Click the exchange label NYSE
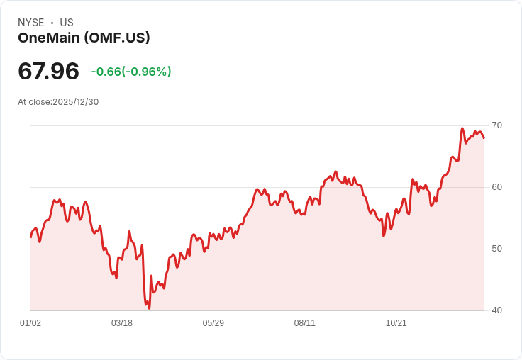pyautogui.click(x=31, y=23)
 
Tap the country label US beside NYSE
pyautogui.click(x=67, y=23)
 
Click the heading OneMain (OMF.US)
pyautogui.click(x=84, y=38)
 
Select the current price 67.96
pyautogui.click(x=49, y=71)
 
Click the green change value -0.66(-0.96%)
pyautogui.click(x=131, y=71)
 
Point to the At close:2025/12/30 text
pyautogui.click(x=58, y=102)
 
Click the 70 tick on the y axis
pyautogui.click(x=496, y=125)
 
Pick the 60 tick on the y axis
pyautogui.click(x=496, y=187)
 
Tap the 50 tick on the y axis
pyautogui.click(x=496, y=249)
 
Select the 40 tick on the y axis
pyautogui.click(x=496, y=310)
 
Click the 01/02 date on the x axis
pyautogui.click(x=30, y=322)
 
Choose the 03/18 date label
pyautogui.click(x=122, y=322)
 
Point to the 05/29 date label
pyautogui.click(x=213, y=322)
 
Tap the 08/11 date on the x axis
pyautogui.click(x=304, y=322)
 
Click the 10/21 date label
pyautogui.click(x=396, y=322)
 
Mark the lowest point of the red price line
pyautogui.click(x=149, y=308)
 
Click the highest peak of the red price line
pyautogui.click(x=462, y=128)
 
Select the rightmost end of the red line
pyautogui.click(x=484, y=137)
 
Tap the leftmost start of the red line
pyautogui.click(x=30, y=237)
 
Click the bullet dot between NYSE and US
pyautogui.click(x=52, y=23)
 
